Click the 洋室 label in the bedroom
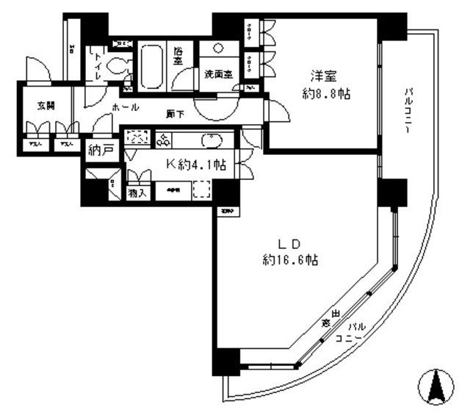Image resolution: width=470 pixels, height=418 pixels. tap(323, 75)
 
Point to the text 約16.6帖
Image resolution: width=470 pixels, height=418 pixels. tap(289, 260)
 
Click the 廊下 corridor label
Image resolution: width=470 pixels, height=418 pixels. tap(174, 114)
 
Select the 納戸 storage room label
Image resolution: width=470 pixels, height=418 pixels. tap(101, 151)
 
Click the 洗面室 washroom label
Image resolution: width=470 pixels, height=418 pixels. tap(217, 73)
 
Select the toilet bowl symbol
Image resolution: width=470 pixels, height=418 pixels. tap(116, 67)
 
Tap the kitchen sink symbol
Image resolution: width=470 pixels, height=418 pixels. tap(211, 140)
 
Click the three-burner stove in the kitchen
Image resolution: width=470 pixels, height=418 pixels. tap(162, 140)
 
